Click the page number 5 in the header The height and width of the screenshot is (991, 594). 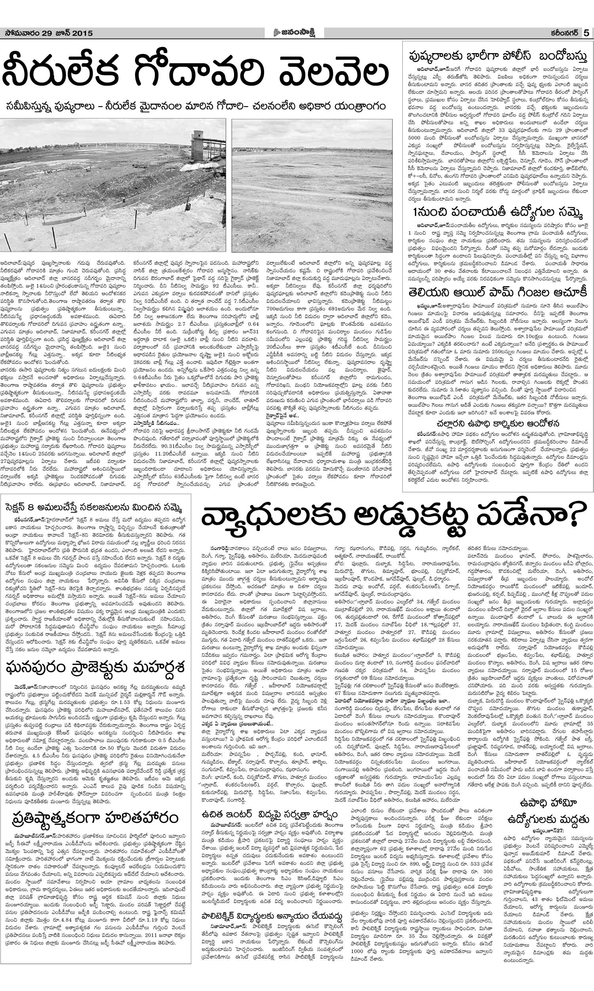(x=586, y=33)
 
